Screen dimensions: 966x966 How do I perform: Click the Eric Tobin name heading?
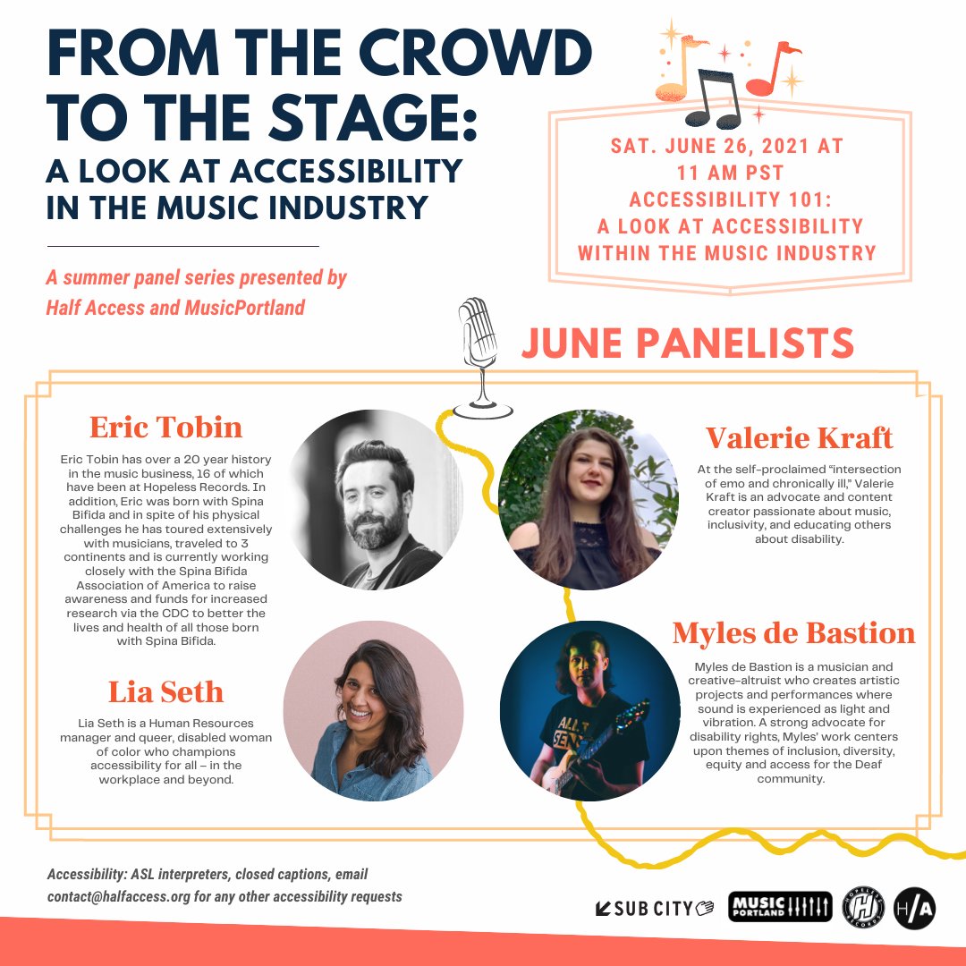coord(165,427)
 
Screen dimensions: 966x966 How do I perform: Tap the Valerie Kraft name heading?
coord(799,438)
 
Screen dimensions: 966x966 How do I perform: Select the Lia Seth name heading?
coord(165,691)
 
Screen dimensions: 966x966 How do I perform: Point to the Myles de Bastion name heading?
coord(793,632)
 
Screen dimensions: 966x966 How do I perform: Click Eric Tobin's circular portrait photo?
coord(373,500)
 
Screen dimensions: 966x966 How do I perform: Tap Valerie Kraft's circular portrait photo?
coord(589,500)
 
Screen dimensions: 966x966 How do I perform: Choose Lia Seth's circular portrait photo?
coord(373,711)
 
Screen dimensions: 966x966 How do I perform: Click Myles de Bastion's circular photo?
coord(589,711)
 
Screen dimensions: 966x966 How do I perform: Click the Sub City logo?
coord(654,908)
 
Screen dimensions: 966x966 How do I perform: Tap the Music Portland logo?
coord(780,907)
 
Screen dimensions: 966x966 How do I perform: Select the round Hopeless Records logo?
coord(863,908)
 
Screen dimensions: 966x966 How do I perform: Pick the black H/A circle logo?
coord(915,908)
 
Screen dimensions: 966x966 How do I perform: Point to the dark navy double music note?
coord(714,98)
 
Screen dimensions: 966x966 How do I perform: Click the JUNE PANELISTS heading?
coord(688,343)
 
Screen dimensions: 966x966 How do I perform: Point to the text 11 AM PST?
coord(730,174)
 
